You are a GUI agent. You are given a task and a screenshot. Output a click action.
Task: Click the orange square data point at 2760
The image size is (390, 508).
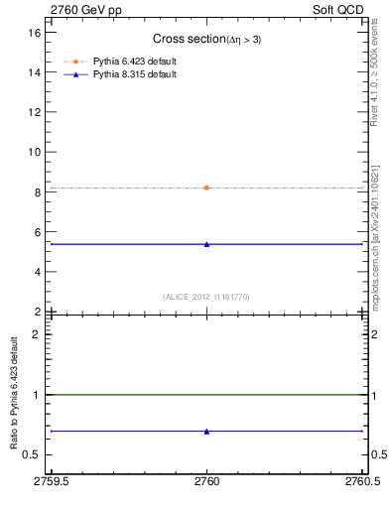pyautogui.click(x=206, y=188)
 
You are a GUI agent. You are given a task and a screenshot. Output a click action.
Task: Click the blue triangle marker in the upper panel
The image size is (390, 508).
pyautogui.click(x=206, y=243)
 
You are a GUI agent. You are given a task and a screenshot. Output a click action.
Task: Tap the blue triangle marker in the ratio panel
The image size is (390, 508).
pyautogui.click(x=206, y=431)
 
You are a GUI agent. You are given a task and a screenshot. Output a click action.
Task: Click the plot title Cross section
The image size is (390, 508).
pyautogui.click(x=206, y=39)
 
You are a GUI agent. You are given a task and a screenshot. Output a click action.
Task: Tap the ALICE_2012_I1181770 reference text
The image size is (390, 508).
pyautogui.click(x=206, y=297)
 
